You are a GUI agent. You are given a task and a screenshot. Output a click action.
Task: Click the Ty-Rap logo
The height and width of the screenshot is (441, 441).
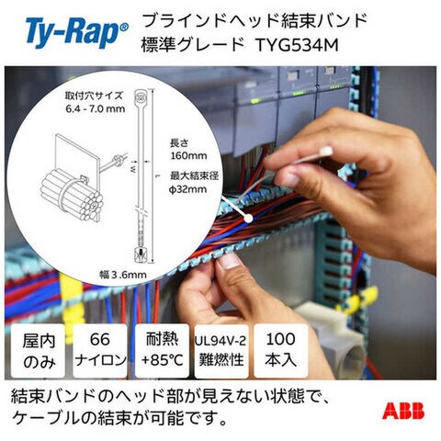[77, 33]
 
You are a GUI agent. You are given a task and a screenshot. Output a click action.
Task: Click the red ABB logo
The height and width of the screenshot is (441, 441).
[403, 410]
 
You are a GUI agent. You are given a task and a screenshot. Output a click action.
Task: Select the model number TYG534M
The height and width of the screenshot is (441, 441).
[297, 45]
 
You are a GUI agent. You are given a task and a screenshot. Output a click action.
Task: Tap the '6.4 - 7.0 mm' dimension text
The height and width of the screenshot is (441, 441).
[96, 108]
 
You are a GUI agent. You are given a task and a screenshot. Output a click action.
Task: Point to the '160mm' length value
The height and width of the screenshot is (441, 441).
[188, 155]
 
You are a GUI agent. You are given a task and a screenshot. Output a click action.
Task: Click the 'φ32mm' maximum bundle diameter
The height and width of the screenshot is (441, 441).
[188, 189]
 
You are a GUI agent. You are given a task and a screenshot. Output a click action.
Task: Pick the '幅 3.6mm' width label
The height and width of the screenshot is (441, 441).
[123, 275]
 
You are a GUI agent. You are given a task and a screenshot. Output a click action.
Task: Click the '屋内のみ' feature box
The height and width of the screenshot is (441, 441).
[39, 351]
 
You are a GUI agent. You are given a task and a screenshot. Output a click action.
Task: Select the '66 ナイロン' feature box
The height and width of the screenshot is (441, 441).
[100, 351]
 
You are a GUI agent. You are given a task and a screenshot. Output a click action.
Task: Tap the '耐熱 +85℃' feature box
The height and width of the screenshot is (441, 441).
[162, 351]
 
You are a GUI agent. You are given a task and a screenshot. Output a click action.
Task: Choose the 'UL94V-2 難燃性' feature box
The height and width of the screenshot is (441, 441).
[221, 351]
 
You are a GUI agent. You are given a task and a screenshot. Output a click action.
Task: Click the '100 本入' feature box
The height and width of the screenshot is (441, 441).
[281, 351]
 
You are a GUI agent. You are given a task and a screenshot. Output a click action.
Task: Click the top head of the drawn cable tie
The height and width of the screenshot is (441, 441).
[141, 98]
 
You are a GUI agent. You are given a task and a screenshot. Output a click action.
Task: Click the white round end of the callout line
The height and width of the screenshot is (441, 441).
[248, 218]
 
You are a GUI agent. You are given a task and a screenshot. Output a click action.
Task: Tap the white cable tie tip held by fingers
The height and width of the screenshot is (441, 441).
[326, 152]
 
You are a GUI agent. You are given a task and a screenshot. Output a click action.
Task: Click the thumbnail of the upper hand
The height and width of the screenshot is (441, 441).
[291, 179]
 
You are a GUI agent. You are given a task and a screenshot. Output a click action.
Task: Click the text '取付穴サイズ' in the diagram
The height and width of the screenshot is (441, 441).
[94, 96]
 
